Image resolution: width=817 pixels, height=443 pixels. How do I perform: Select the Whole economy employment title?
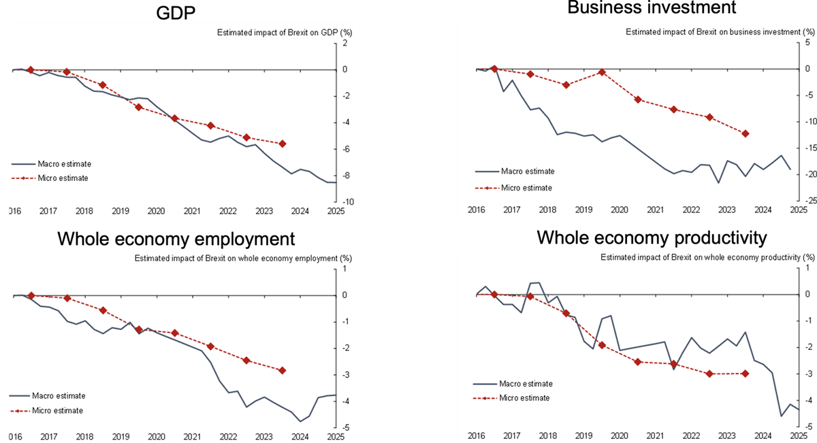(176, 239)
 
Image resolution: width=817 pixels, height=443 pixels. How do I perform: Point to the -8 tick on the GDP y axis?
(344, 176)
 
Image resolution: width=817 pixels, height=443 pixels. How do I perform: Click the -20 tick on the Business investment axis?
(807, 174)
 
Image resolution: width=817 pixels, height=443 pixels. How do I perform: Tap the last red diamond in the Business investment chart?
(746, 133)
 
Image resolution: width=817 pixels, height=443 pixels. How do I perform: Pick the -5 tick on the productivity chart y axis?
(807, 427)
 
